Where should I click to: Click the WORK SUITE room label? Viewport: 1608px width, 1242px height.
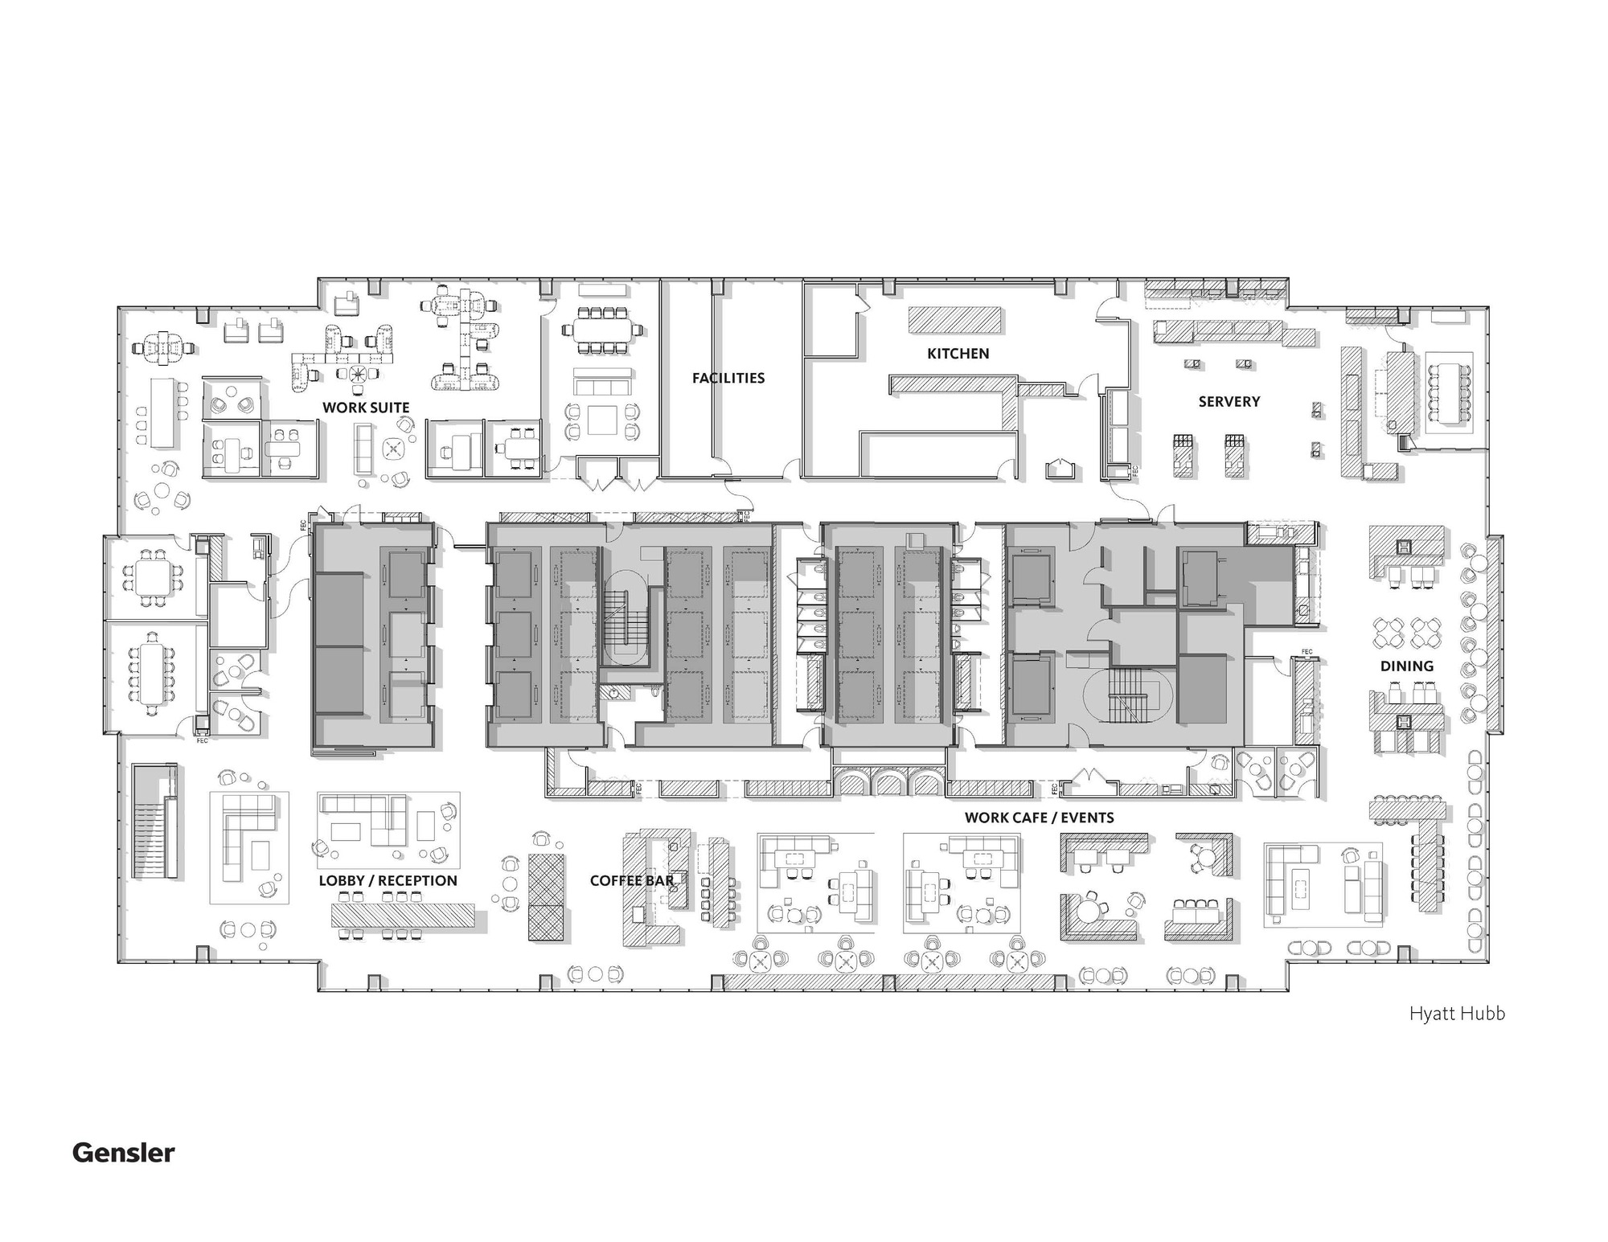point(366,408)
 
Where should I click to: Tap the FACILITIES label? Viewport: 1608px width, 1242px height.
point(728,378)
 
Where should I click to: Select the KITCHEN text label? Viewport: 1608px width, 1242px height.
point(958,354)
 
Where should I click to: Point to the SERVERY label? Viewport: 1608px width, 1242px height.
point(1229,401)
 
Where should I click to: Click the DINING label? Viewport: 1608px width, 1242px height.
point(1406,666)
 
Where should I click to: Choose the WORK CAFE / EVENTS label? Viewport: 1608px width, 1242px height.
point(1039,818)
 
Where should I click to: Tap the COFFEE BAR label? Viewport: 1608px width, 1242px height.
point(632,880)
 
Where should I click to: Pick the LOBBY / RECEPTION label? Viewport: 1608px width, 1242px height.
point(388,880)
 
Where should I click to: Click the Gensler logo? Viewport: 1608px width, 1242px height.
point(123,1153)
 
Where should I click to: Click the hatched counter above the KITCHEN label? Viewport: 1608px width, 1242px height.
point(955,320)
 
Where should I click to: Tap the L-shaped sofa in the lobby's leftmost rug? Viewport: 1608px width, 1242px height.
point(237,836)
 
